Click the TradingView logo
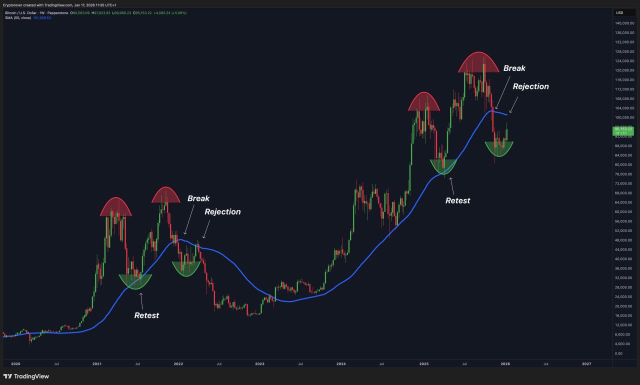(26, 376)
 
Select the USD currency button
(619, 13)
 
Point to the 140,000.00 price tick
(624, 23)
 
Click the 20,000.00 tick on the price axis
(624, 306)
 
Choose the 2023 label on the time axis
(259, 364)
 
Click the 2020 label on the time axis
(15, 364)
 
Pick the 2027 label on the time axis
(586, 364)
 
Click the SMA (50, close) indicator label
(17, 18)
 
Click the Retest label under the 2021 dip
(146, 315)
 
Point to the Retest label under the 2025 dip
(457, 200)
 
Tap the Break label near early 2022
(198, 198)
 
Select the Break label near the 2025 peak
(514, 68)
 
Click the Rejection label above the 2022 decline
(222, 212)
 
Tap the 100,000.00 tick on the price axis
(624, 117)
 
